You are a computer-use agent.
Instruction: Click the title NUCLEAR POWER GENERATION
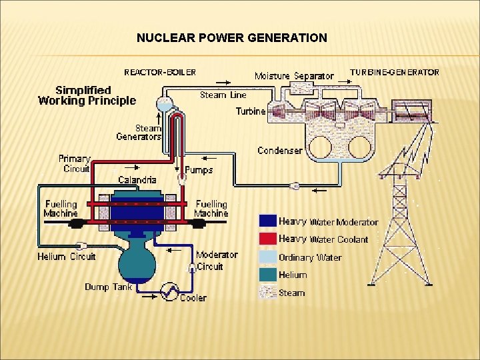(x=232, y=38)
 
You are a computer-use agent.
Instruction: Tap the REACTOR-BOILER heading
(x=160, y=71)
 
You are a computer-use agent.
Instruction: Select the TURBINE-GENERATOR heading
(x=395, y=72)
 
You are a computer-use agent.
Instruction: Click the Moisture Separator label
(x=294, y=76)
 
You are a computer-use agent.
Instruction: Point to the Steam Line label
(x=223, y=95)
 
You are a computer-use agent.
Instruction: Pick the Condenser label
(x=280, y=151)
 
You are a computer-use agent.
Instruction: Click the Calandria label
(x=137, y=179)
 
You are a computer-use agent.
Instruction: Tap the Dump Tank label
(x=109, y=287)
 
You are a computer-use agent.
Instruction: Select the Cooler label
(x=193, y=297)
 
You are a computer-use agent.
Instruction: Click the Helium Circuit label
(x=66, y=256)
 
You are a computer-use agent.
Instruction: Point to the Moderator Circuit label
(x=217, y=261)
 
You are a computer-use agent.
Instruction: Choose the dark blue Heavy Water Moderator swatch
(x=268, y=221)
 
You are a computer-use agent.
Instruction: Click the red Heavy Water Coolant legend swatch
(x=268, y=239)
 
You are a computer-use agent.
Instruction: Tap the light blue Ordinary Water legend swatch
(x=268, y=257)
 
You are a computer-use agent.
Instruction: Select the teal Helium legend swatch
(x=268, y=274)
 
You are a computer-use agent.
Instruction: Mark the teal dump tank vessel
(x=137, y=260)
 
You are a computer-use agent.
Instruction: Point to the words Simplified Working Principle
(x=87, y=95)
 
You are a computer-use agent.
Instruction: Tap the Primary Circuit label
(x=74, y=163)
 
